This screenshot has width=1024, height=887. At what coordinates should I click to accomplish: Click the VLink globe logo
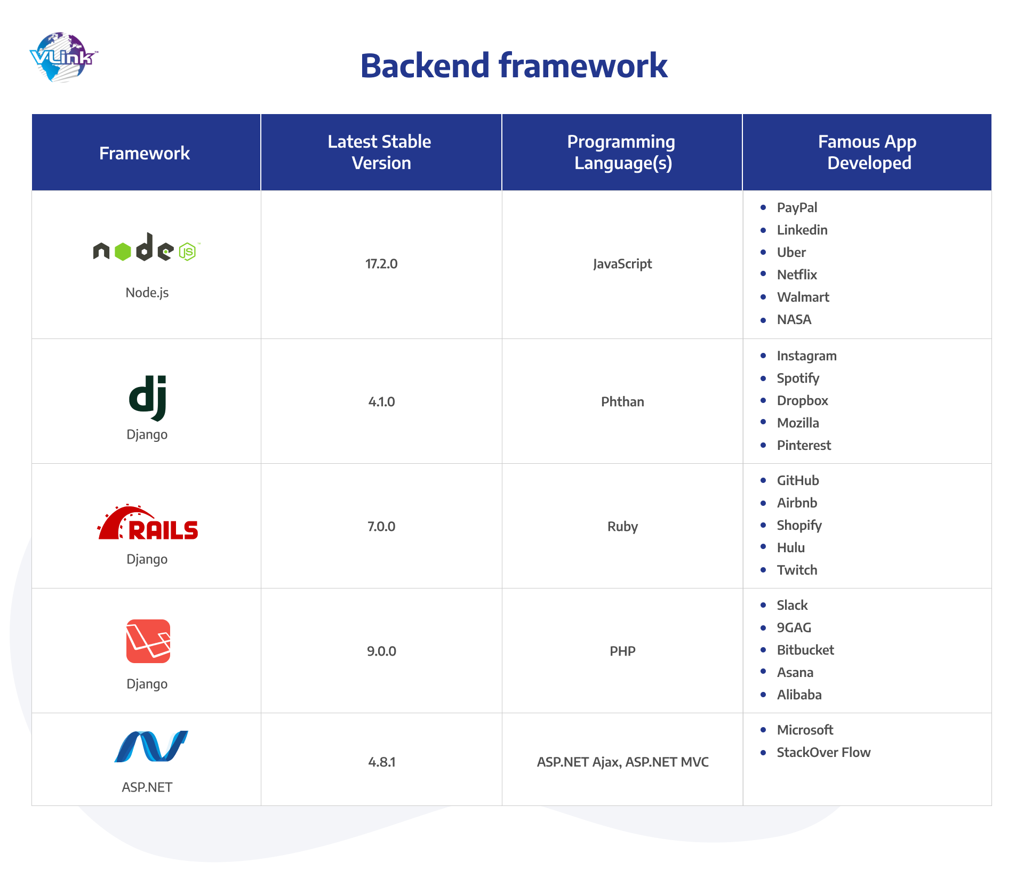63,57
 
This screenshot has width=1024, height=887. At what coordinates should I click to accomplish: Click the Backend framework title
514,66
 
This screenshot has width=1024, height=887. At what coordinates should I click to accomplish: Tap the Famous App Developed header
868,152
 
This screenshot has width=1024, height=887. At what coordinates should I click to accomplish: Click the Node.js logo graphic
145,248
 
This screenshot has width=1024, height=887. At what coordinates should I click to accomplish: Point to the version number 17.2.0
381,264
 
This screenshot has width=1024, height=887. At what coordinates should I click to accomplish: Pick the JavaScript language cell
622,264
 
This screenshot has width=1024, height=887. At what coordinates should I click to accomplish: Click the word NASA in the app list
794,320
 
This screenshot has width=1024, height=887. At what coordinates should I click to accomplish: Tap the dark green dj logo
148,398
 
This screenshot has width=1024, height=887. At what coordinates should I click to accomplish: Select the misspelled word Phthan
622,402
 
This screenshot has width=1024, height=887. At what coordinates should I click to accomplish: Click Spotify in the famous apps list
798,378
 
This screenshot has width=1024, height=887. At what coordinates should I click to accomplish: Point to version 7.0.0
381,527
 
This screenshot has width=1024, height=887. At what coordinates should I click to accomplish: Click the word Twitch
797,570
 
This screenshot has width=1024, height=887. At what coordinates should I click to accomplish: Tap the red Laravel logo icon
148,641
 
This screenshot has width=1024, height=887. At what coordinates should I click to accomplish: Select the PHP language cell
622,651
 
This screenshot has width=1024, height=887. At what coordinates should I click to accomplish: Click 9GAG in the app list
794,628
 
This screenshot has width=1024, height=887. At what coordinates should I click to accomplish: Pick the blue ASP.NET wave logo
151,746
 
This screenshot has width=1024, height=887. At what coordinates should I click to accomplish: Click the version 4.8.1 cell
381,762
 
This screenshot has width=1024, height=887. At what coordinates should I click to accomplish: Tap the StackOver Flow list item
823,753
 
